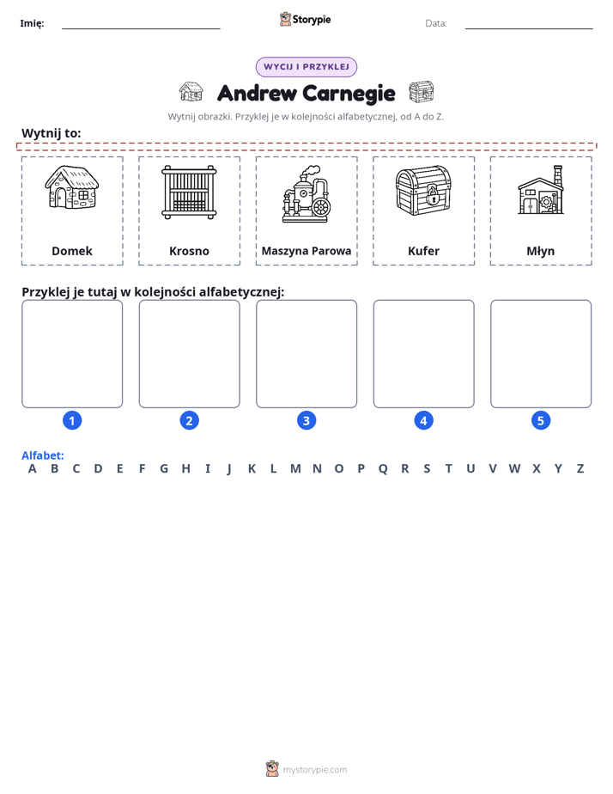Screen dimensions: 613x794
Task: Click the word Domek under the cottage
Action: point(72,251)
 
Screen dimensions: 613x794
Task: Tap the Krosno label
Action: point(189,251)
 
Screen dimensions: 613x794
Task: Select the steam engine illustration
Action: point(306,194)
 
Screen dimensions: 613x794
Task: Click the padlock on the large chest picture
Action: point(432,195)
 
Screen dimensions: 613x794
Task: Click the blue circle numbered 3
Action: point(306,420)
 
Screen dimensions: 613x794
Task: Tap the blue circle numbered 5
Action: point(541,420)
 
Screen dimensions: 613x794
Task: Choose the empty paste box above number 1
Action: point(72,353)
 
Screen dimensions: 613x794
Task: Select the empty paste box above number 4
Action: point(424,353)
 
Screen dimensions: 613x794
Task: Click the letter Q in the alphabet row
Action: point(383,469)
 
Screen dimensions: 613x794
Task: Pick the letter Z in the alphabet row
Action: point(580,469)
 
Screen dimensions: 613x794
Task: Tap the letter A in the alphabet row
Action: point(33,469)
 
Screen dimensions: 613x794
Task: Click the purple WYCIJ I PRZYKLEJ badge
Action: point(306,67)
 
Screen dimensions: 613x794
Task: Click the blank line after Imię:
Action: point(141,28)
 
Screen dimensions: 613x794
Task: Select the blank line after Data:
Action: point(529,28)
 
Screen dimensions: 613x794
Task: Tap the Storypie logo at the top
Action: point(306,19)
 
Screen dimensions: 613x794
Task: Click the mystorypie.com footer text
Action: point(314,770)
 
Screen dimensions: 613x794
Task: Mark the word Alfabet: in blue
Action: point(42,455)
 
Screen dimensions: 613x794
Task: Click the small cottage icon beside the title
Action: point(191,92)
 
